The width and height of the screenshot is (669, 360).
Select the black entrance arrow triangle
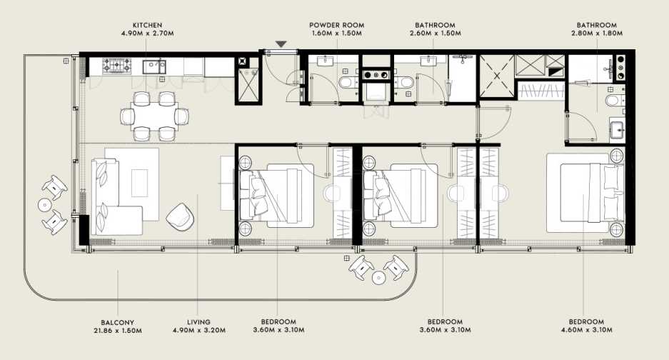(x=281, y=44)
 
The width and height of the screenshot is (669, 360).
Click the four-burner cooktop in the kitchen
(x=114, y=67)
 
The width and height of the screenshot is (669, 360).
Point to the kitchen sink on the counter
(x=154, y=67)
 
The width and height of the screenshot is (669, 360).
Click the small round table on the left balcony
(x=44, y=205)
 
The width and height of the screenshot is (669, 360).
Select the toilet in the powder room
(x=345, y=84)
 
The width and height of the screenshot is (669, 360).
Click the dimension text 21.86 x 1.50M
(x=117, y=331)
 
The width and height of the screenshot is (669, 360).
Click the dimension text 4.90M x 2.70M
(x=146, y=33)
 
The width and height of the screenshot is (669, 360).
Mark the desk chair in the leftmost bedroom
(x=334, y=193)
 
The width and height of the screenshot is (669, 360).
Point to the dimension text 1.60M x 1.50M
(x=336, y=33)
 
